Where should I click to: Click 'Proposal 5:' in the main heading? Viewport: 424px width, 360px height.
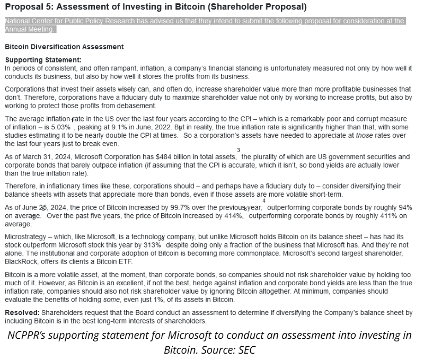28,7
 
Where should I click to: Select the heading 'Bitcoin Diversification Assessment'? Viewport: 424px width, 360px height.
64,47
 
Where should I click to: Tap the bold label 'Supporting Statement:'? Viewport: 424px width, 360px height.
43,60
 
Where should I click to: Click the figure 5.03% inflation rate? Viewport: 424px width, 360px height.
61,127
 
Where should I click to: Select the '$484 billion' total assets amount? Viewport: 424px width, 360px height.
176,157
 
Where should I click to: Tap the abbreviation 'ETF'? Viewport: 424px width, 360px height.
125,262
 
